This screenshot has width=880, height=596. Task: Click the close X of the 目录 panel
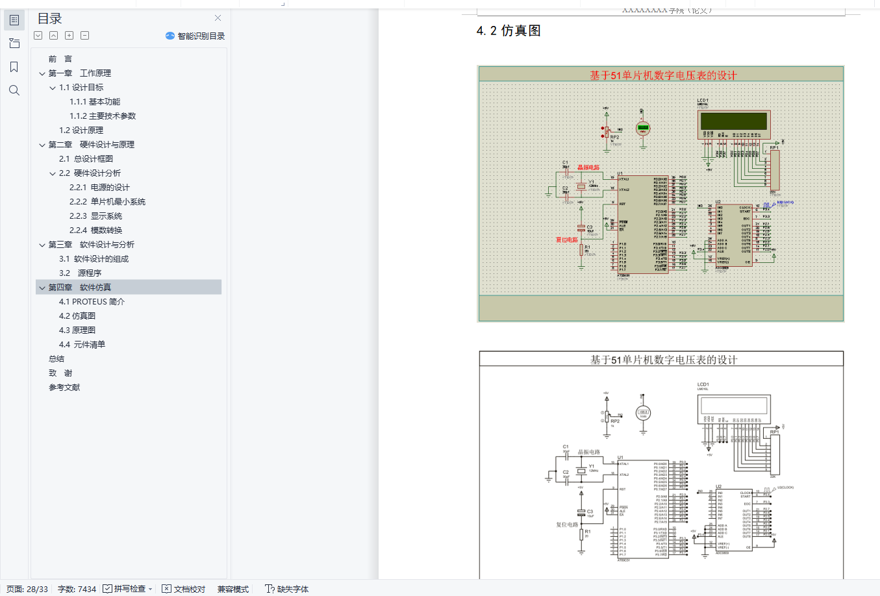point(218,18)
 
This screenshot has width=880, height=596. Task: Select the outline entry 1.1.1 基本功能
point(95,102)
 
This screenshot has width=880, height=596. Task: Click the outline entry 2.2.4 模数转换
point(95,230)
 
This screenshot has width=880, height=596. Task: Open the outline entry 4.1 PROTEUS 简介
point(92,302)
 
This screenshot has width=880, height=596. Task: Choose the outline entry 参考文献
point(64,388)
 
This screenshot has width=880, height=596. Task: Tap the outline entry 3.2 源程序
point(80,273)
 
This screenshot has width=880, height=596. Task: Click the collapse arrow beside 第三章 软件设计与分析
point(42,245)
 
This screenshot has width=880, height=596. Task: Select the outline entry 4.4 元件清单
point(82,345)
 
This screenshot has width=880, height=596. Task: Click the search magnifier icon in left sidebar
point(14,90)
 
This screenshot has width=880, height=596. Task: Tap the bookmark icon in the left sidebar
point(14,67)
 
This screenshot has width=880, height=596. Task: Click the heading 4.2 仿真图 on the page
point(509,31)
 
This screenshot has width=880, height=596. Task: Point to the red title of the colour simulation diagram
point(662,75)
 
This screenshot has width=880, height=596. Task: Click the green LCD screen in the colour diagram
point(734,122)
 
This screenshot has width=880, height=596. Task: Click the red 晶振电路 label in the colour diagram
point(588,168)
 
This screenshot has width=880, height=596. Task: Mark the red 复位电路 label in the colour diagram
point(566,240)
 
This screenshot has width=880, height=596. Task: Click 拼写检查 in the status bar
point(129,589)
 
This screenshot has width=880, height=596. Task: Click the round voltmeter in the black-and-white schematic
point(642,412)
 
